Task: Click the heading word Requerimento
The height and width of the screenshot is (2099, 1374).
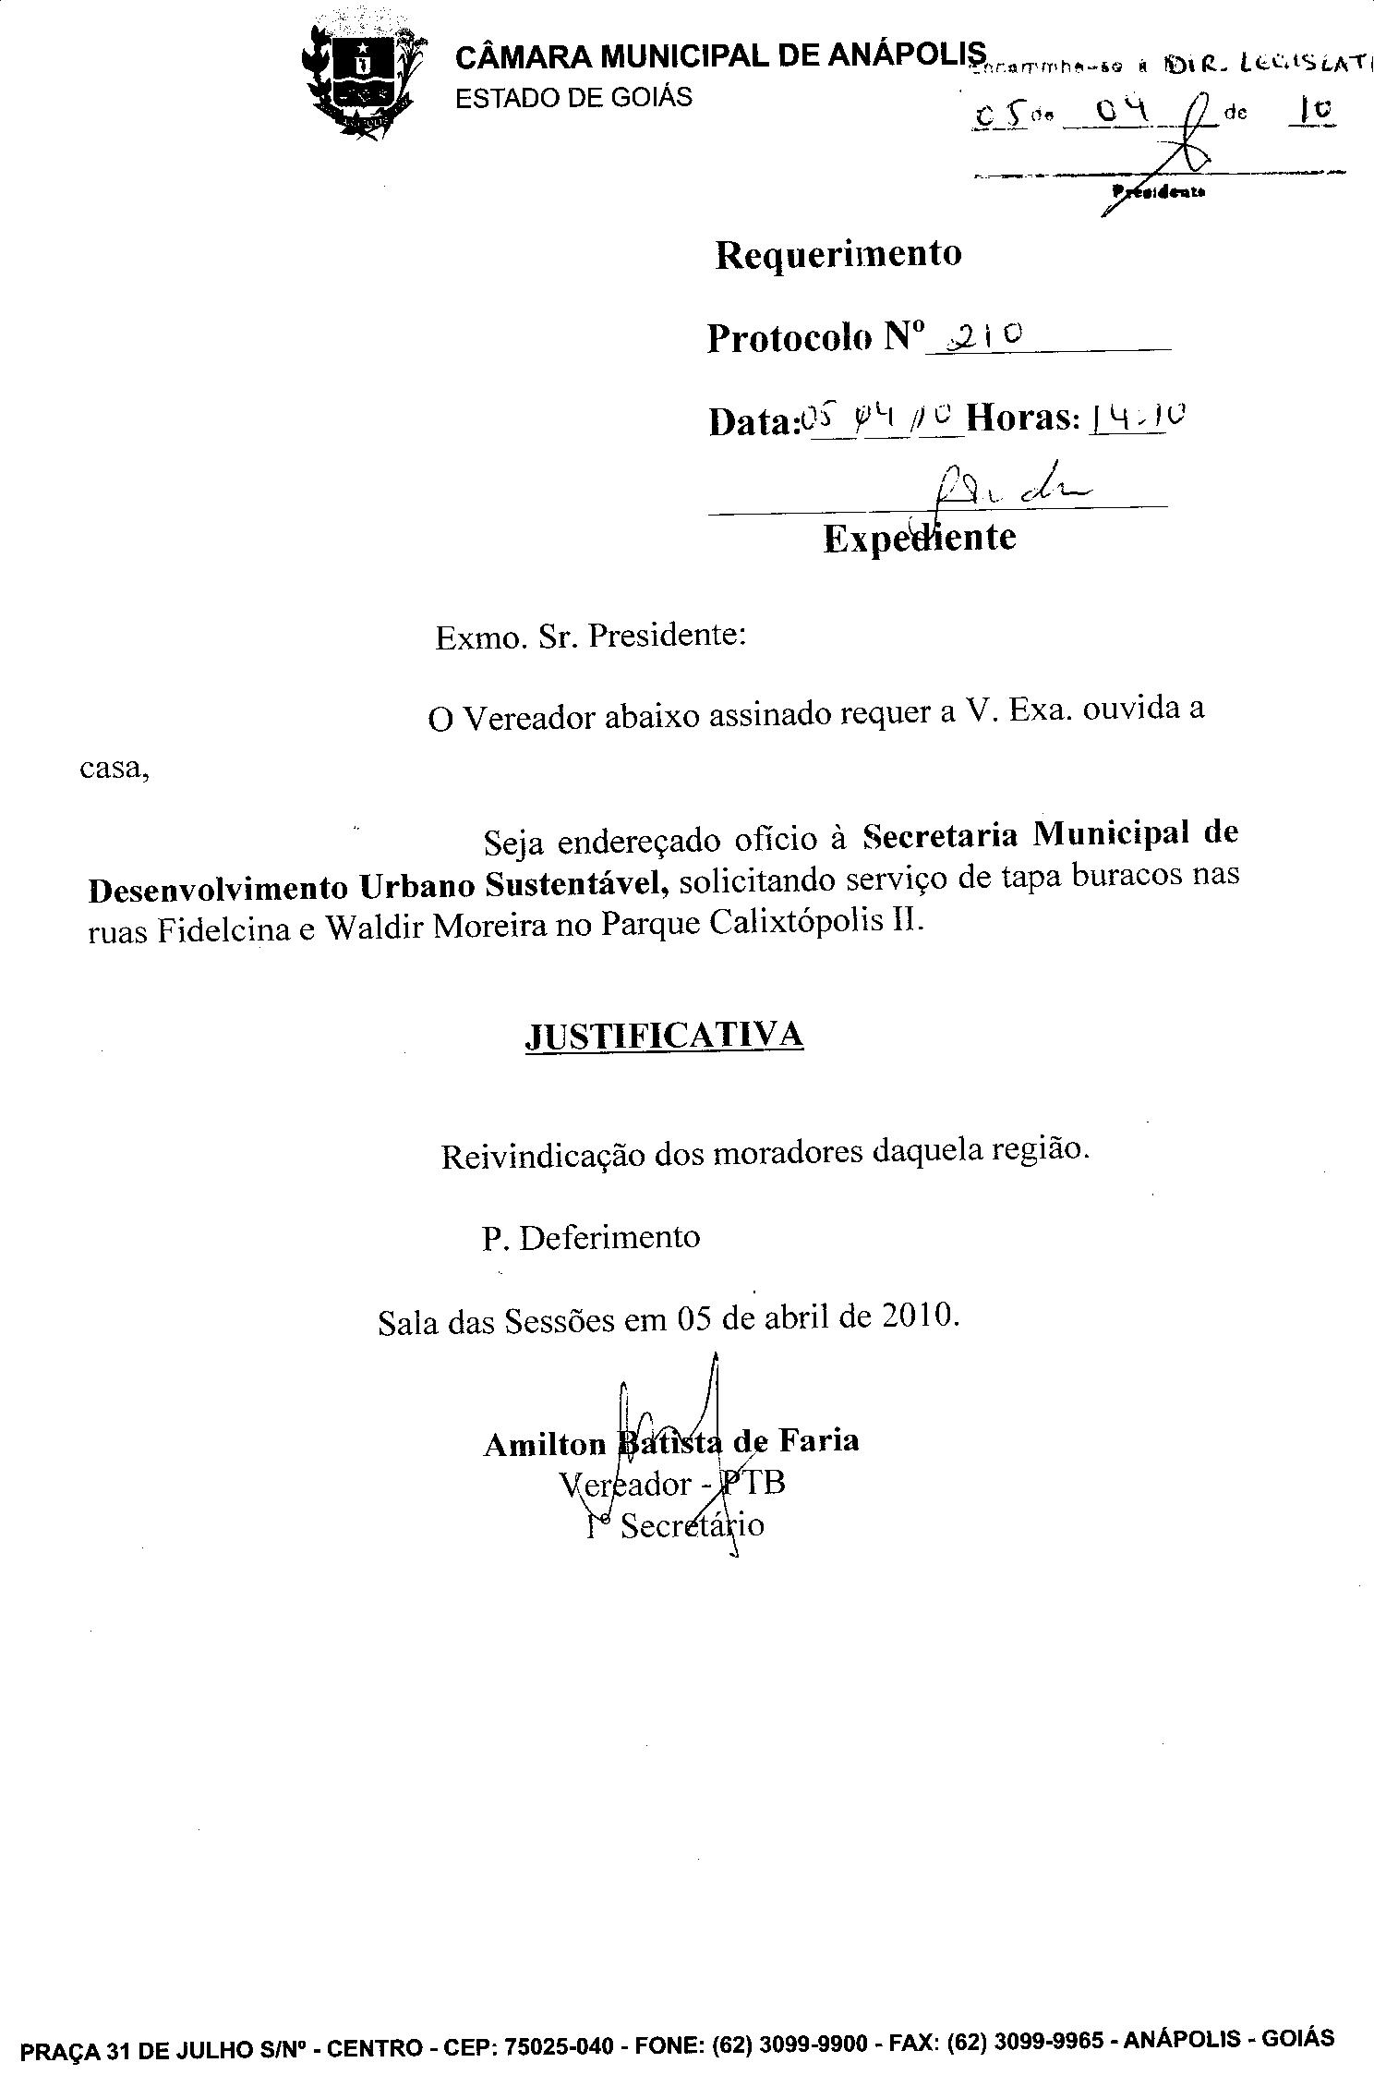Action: coord(838,254)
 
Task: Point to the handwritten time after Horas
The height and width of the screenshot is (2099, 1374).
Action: coord(1137,420)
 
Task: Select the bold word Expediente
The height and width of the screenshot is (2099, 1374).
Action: coord(919,538)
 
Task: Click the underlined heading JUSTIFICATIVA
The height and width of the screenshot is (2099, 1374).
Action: coord(664,1036)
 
